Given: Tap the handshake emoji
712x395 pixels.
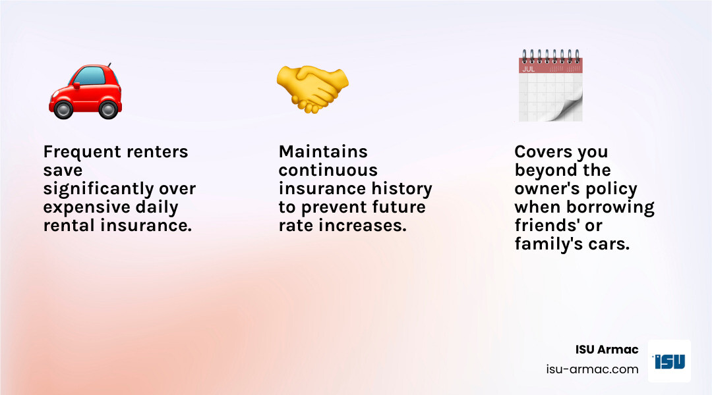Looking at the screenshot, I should click(x=312, y=90).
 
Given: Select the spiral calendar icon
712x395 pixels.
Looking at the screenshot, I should click(x=550, y=86).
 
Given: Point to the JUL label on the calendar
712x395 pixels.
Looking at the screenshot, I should click(x=529, y=68).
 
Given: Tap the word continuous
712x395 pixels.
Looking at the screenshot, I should click(x=328, y=171).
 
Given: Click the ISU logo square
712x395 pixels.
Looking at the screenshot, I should click(x=669, y=361).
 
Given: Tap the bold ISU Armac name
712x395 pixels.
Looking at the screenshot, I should click(x=607, y=350).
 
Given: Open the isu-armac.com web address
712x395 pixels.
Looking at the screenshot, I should click(x=593, y=369).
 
